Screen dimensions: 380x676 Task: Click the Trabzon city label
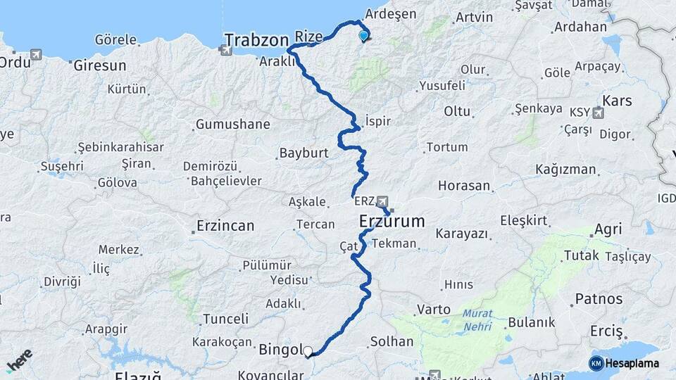tap(256, 39)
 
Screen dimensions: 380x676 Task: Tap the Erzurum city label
tap(392, 221)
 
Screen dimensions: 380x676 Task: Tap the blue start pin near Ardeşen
tap(363, 35)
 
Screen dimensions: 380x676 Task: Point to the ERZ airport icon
tap(382, 201)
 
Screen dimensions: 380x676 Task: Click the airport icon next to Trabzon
tap(225, 50)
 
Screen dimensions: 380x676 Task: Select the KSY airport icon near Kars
tap(599, 112)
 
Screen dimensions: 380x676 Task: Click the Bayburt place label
tap(304, 153)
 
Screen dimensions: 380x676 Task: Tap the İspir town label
tap(378, 121)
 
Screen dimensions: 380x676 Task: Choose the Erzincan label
tap(225, 226)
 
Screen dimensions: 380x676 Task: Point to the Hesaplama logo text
tap(631, 363)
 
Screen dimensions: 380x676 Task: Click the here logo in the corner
tap(20, 360)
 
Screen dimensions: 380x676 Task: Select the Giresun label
tap(100, 65)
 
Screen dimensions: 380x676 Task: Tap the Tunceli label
tap(225, 319)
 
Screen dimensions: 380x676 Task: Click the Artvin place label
tap(474, 16)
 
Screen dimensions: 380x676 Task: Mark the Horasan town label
tap(463, 186)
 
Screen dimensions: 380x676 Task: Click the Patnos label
tap(599, 299)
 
